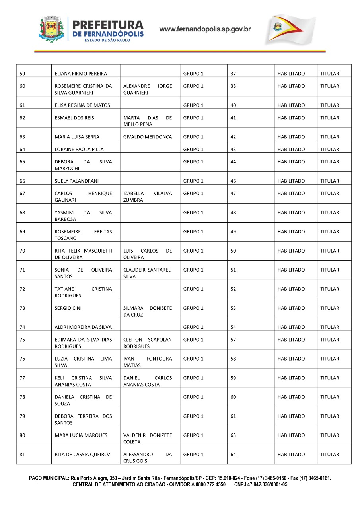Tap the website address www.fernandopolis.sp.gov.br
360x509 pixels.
click(x=205, y=29)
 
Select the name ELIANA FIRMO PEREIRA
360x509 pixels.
click(x=81, y=74)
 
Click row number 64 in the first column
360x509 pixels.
click(x=22, y=150)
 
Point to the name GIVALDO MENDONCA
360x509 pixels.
click(x=148, y=137)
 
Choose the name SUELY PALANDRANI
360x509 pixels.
click(x=76, y=181)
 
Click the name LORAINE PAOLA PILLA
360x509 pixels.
click(x=79, y=150)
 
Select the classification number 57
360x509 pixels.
click(x=233, y=340)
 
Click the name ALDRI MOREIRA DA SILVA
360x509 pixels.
click(x=83, y=327)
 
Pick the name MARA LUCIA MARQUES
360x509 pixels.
click(x=81, y=435)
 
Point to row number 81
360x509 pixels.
click(x=22, y=455)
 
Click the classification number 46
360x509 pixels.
click(x=233, y=181)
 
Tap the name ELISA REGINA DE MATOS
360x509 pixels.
click(x=82, y=105)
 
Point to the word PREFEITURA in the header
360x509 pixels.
click(x=108, y=25)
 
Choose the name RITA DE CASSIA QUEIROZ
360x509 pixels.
click(x=83, y=455)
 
